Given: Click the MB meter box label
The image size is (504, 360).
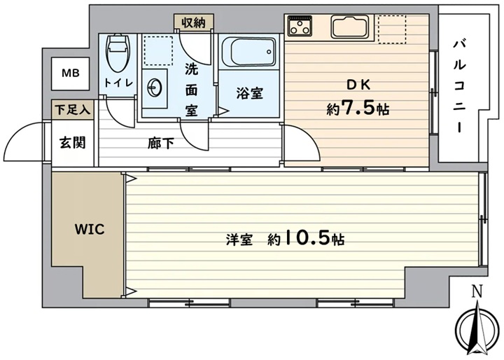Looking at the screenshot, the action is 71,74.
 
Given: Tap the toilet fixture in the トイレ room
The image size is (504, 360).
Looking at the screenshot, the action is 118,53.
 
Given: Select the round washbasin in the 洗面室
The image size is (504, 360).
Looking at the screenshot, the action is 155,87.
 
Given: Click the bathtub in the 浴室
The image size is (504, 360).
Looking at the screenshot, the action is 249,51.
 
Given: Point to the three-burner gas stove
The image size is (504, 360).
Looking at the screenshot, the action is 300,25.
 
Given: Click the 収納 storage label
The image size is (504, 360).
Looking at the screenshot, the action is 193,22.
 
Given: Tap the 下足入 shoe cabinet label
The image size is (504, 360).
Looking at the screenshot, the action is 72,110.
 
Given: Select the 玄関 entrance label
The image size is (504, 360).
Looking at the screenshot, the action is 73,142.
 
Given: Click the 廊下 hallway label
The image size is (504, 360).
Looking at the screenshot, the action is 161,144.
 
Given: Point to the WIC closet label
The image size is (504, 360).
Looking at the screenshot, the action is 90,230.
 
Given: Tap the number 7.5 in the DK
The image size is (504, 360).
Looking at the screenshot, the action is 359,109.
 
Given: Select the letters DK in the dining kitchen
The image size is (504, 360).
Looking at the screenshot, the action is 358,85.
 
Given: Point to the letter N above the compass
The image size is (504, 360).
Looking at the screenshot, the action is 477,291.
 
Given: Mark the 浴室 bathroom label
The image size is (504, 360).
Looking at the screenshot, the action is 249,93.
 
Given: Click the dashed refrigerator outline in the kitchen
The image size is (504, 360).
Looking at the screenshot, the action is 392,29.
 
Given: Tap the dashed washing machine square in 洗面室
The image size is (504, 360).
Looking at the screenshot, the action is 158,51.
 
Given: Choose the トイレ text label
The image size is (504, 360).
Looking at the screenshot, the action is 118,83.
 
